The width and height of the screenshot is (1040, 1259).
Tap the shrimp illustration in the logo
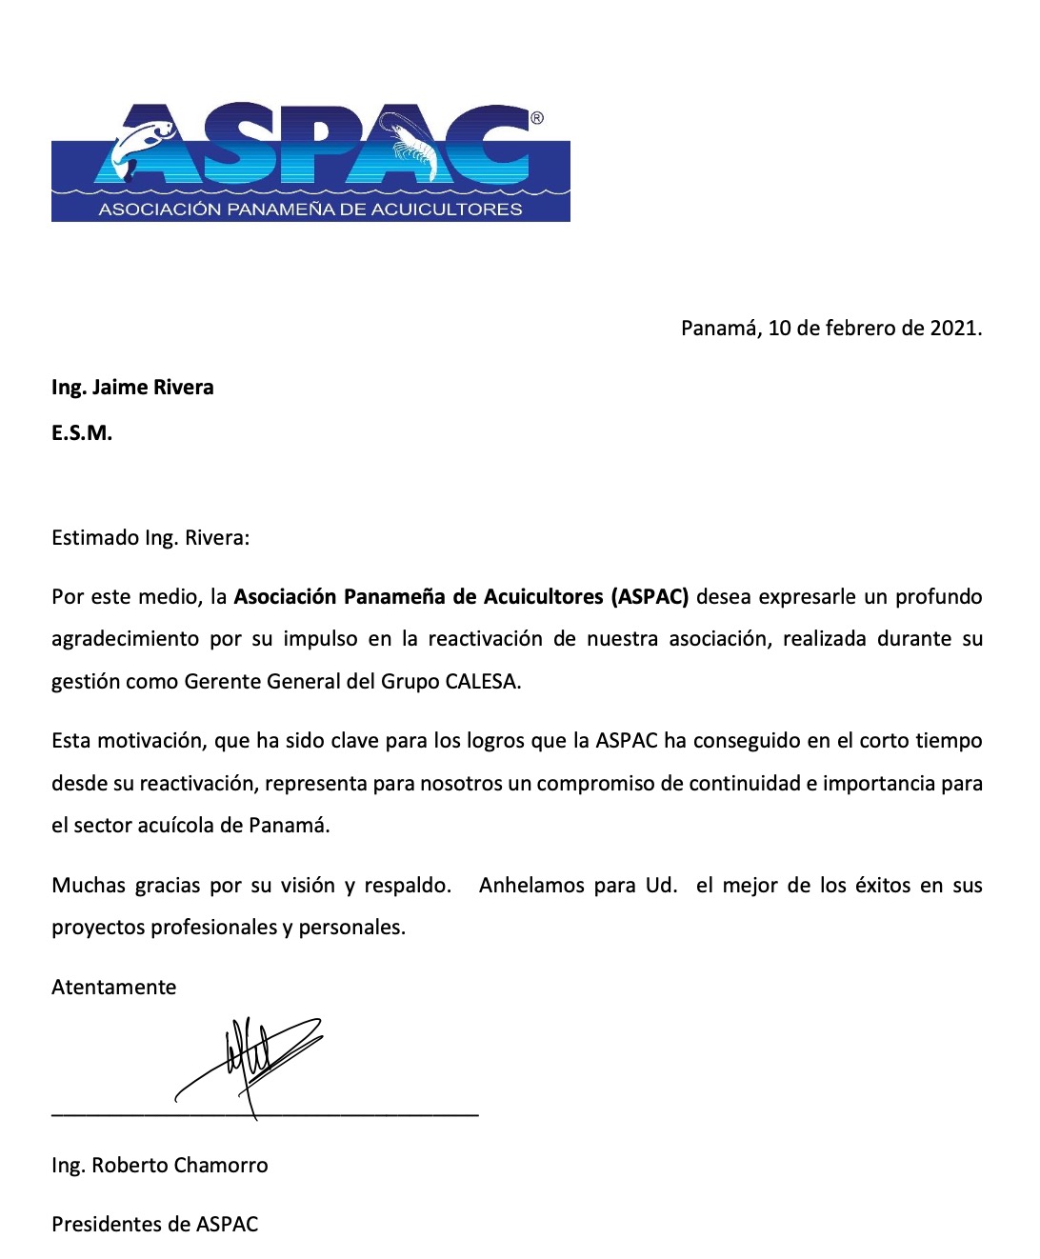pyautogui.click(x=411, y=143)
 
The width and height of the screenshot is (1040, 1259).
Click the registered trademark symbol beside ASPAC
pyautogui.click(x=537, y=118)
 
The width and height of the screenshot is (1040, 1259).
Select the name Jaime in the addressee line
pyautogui.click(x=120, y=388)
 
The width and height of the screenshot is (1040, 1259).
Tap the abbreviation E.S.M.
pyautogui.click(x=82, y=433)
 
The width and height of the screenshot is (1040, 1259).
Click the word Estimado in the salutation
pyautogui.click(x=95, y=538)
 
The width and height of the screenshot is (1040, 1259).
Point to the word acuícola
pyautogui.click(x=174, y=826)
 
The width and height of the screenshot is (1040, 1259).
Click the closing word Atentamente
pyautogui.click(x=114, y=988)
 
